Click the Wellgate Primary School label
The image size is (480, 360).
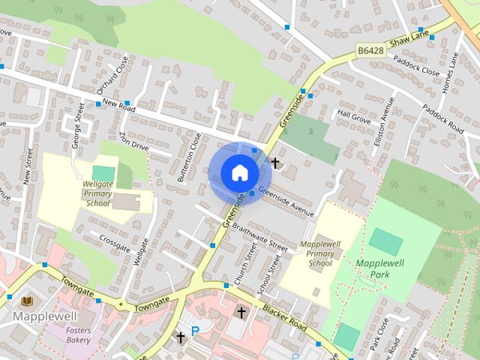coord(97,193)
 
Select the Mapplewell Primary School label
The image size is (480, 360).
coord(320,253)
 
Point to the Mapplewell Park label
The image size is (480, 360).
coord(382,269)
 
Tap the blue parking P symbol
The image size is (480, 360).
coord(196,331)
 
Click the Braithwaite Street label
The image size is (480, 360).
coord(259,235)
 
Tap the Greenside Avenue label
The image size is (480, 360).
coord(286,200)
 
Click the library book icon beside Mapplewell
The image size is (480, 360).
coord(28,301)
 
